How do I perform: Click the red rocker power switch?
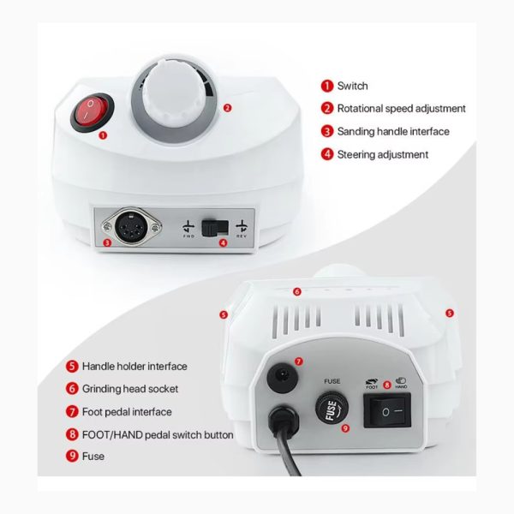[x=93, y=112]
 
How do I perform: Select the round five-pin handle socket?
[x=132, y=227]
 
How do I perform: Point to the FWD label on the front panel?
[x=188, y=236]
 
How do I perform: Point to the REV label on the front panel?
[x=242, y=236]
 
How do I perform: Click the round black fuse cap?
[x=332, y=408]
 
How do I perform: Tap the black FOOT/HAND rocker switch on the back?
[x=387, y=410]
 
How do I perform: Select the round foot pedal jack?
[x=283, y=378]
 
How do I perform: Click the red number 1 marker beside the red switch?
[x=103, y=135]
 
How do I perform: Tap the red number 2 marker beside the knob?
[x=227, y=108]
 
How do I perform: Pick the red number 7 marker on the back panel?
[x=299, y=362]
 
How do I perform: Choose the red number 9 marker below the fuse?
[x=345, y=428]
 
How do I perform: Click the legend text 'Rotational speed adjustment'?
[x=401, y=109]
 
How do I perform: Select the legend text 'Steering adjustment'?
[x=383, y=154]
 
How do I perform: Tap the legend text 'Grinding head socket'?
[x=130, y=389]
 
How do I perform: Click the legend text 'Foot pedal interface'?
[x=127, y=412]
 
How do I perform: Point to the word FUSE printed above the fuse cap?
[x=332, y=381]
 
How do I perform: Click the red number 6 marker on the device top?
[x=297, y=291]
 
